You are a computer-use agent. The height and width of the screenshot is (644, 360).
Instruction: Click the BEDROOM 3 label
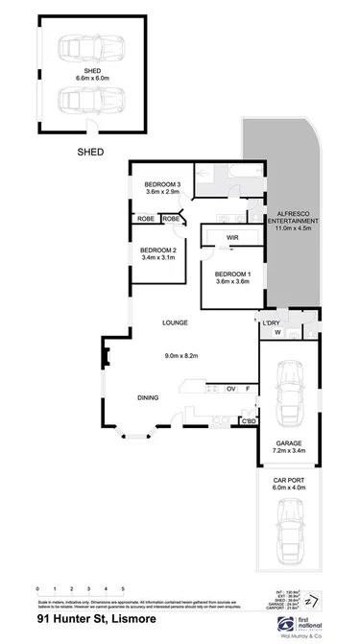(x=162, y=184)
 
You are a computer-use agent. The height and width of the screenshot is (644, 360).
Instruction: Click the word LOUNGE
(x=176, y=322)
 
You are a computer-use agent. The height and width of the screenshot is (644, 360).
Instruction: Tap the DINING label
(x=148, y=397)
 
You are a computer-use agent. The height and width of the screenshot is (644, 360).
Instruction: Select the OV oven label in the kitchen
(x=230, y=389)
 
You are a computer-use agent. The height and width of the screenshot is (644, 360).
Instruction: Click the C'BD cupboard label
(x=248, y=421)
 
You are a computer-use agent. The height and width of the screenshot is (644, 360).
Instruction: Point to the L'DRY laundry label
(x=271, y=322)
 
